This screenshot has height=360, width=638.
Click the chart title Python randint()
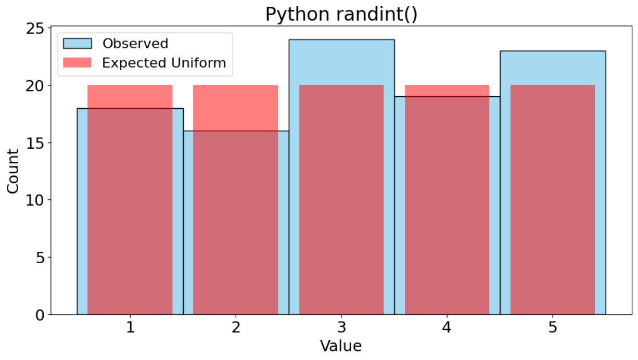pos(341,14)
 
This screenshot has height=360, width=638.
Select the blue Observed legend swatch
pos(77,44)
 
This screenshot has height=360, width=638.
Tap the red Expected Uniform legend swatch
pos(77,62)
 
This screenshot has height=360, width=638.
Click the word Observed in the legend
pos(135,44)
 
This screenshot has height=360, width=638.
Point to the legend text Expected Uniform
pos(164,63)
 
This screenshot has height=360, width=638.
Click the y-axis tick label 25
pos(35,29)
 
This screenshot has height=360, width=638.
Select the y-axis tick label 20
pos(35,86)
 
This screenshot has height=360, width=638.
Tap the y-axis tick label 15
pos(35,143)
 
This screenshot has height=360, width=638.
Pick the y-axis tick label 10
pos(35,200)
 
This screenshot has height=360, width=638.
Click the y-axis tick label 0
pos(40,315)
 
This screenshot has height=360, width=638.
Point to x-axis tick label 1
pos(131,328)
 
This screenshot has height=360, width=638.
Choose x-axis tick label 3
pos(341,328)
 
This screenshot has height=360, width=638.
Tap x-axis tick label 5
pos(553,328)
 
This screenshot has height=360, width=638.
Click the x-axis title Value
pos(341,346)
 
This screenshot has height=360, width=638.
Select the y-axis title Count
pos(13,172)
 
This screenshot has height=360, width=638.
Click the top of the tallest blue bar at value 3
pos(341,40)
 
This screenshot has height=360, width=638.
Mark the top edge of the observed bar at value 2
pos(236,131)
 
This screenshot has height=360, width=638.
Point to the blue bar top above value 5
pos(553,52)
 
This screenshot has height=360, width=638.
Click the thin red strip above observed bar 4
pos(447,91)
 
